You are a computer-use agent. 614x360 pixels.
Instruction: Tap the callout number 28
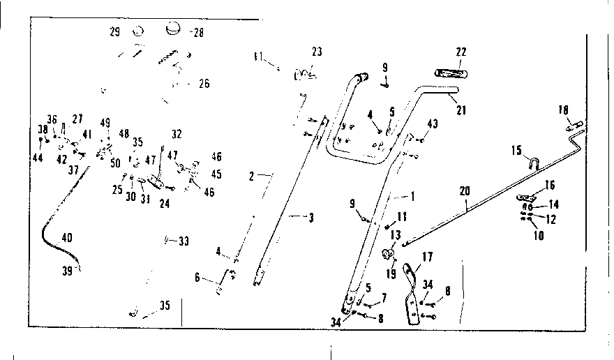pyautogui.click(x=198, y=33)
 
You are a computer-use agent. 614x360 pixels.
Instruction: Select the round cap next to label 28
pyautogui.click(x=173, y=30)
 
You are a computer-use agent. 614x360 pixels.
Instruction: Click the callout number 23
pyautogui.click(x=317, y=52)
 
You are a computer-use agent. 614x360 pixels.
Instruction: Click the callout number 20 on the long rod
pyautogui.click(x=465, y=190)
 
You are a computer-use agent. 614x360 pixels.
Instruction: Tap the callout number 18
pyautogui.click(x=563, y=110)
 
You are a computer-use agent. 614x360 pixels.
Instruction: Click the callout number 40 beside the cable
pyautogui.click(x=67, y=237)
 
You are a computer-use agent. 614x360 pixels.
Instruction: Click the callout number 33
pyautogui.click(x=184, y=241)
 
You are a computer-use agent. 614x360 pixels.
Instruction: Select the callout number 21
pyautogui.click(x=460, y=110)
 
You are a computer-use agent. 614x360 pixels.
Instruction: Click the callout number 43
pyautogui.click(x=433, y=123)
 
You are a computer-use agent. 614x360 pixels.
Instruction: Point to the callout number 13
pyautogui.click(x=396, y=235)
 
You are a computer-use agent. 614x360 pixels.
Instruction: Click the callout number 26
pyautogui.click(x=204, y=83)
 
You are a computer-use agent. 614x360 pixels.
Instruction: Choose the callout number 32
pyautogui.click(x=176, y=134)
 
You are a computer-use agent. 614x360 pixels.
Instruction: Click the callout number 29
pyautogui.click(x=115, y=32)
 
